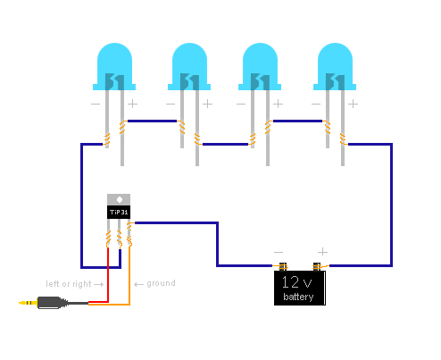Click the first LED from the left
click(114, 66)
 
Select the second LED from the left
click(188, 66)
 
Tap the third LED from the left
click(262, 66)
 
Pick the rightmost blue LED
click(336, 66)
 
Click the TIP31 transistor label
click(119, 213)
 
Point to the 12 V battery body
click(299, 289)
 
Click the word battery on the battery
click(299, 297)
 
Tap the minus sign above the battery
click(279, 252)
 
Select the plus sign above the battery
click(323, 252)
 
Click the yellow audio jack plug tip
click(24, 303)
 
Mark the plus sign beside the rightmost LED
click(354, 104)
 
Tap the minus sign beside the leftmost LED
click(96, 104)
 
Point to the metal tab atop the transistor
click(119, 199)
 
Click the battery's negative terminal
click(282, 266)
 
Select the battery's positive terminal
click(317, 266)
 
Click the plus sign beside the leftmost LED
click(133, 104)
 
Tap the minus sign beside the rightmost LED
click(317, 104)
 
